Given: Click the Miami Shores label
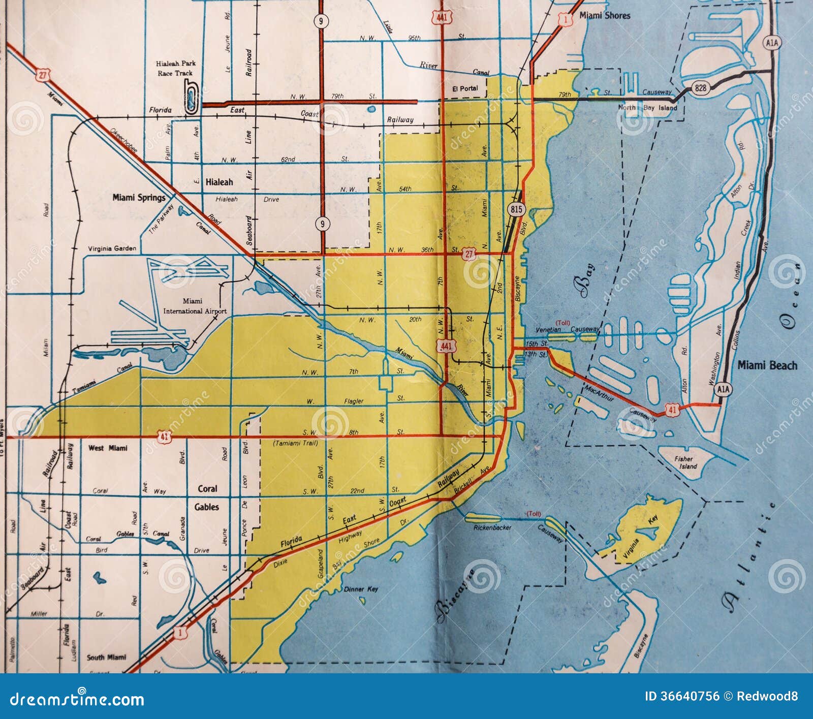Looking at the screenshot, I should (x=605, y=16).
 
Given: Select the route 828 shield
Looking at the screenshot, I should (x=700, y=88).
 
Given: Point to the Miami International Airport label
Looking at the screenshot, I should (x=194, y=306).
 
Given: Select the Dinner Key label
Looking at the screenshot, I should (x=361, y=589).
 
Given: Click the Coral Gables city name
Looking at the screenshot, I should (x=207, y=497).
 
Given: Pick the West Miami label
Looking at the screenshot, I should (x=108, y=448).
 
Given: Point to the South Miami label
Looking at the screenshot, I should (x=106, y=657).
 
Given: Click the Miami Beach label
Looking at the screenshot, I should (x=767, y=365).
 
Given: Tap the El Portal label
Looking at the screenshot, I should (x=465, y=88).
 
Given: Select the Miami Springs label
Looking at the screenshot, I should (x=139, y=198).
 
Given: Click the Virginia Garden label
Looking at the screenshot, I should (x=112, y=248).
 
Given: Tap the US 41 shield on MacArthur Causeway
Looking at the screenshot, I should (x=672, y=409).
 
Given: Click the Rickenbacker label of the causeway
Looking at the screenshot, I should (x=492, y=528).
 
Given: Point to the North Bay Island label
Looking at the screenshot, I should (x=647, y=108).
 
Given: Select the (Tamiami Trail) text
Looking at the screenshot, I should (x=295, y=443).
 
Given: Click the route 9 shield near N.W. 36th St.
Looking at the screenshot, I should (x=321, y=224).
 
